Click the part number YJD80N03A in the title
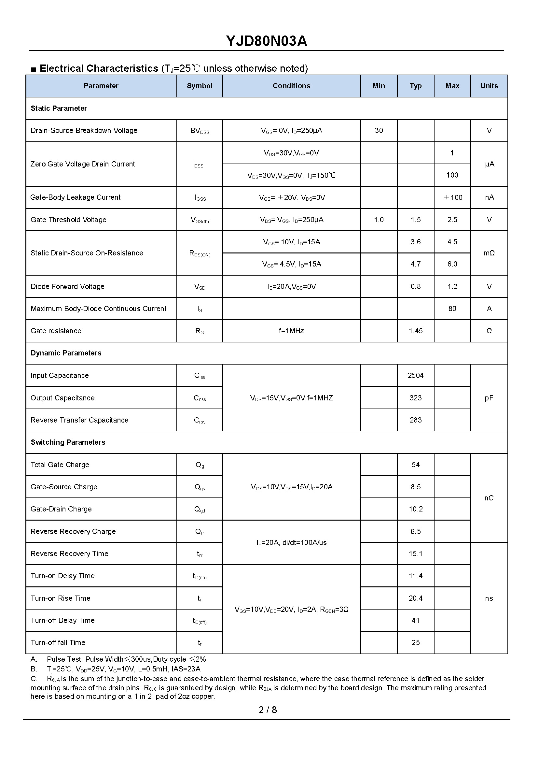pos(267,41)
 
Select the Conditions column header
pos(291,86)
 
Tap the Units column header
pos(489,86)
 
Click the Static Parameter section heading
pos(59,108)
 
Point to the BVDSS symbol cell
pos(200,131)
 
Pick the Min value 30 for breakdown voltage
pos(379,131)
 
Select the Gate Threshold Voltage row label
pos(68,220)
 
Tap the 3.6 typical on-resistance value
pos(416,242)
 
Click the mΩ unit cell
pos(489,253)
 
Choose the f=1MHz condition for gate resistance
pos(291,331)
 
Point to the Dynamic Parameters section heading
pos(66,353)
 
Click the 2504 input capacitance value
pos(416,376)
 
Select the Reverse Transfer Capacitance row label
pos(79,420)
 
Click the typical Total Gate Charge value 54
pos(416,465)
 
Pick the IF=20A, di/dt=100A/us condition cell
pos(291,542)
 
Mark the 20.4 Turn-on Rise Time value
pos(416,598)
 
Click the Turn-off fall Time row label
pos(58,643)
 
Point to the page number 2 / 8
pos(268,710)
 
